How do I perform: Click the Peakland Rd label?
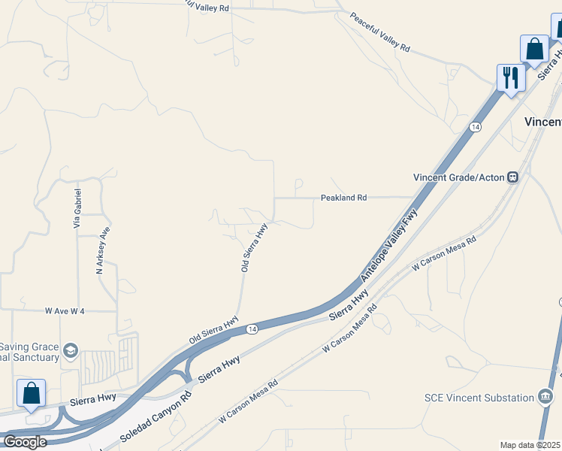343,198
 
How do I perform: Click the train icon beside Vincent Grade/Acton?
513,177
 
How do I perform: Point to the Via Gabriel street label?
77,209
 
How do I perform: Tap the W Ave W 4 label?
65,310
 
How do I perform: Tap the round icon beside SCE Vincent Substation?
546,397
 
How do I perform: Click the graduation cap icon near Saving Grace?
70,350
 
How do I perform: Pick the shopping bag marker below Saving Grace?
32,393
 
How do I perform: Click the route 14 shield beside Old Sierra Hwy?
251,328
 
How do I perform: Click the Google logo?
24,441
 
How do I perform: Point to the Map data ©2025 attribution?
530,445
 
